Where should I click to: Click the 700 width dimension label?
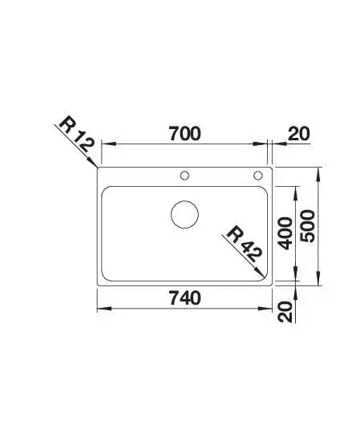pyautogui.click(x=184, y=134)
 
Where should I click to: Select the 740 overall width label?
pyautogui.click(x=185, y=298)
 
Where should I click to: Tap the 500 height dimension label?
pyautogui.click(x=308, y=226)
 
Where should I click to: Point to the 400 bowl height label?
pyautogui.click(x=285, y=233)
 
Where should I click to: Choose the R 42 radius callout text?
pyautogui.click(x=244, y=244)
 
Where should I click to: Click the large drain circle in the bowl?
pyautogui.click(x=184, y=215)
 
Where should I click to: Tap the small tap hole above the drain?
pyautogui.click(x=184, y=176)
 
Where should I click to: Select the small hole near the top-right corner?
pyautogui.click(x=258, y=176)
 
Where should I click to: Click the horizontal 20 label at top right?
pyautogui.click(x=299, y=134)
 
